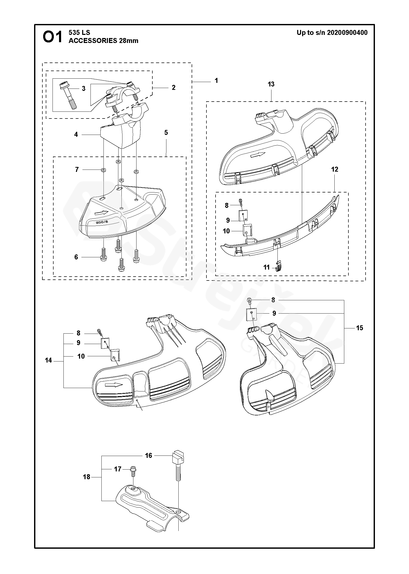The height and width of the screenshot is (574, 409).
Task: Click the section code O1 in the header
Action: (53, 37)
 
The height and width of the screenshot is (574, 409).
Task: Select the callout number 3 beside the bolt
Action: (83, 89)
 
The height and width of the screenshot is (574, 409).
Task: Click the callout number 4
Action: (76, 135)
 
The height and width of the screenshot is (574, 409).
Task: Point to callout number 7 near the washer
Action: (77, 170)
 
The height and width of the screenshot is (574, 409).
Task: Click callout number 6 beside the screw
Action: (76, 257)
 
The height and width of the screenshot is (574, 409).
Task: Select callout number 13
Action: (271, 84)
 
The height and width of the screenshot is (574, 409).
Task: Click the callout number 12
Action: (335, 170)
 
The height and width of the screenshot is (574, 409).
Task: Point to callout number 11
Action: (267, 267)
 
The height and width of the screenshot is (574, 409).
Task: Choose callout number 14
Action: (49, 360)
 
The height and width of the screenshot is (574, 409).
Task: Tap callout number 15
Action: (359, 328)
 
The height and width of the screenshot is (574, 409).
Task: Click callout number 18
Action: (87, 477)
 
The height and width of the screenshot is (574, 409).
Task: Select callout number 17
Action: (118, 469)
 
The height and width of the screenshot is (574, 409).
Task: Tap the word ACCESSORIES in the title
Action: (93, 41)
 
